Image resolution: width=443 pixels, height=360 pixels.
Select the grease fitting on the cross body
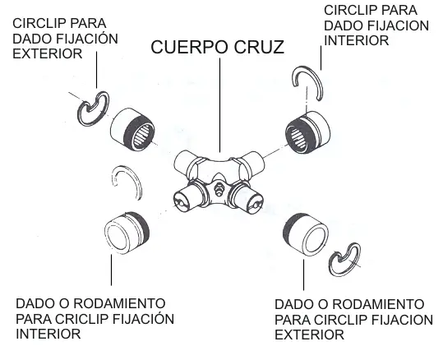click(x=218, y=188)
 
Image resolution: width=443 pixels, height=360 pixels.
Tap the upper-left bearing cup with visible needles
click(x=132, y=129)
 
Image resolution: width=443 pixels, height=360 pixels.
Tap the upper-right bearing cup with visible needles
click(x=308, y=132)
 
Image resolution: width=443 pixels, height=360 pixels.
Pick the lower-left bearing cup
click(x=127, y=233)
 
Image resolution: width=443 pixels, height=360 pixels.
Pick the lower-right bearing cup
click(x=306, y=235)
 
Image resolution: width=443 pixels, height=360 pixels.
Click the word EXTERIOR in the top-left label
click(x=48, y=53)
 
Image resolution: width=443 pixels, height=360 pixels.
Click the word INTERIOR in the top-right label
click(x=357, y=41)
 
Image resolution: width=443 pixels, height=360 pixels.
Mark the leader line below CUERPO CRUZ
click(x=220, y=105)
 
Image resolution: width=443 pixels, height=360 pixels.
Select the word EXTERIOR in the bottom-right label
click(x=309, y=335)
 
